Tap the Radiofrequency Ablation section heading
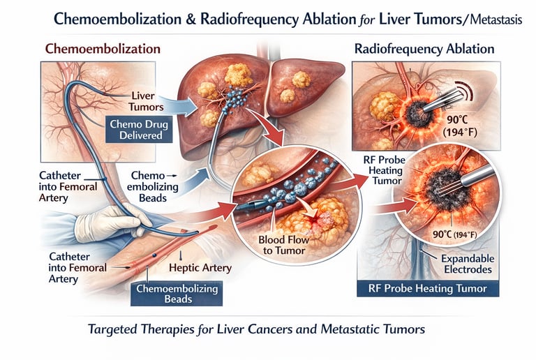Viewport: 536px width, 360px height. coord(424,50)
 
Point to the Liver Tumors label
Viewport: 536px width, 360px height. coord(147,101)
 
